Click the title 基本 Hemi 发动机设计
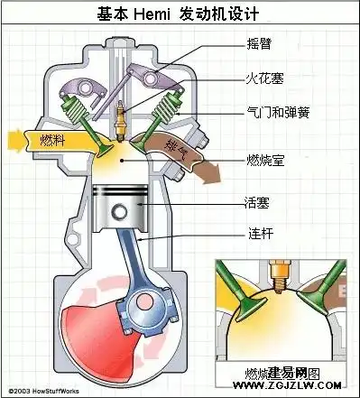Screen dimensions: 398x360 click(x=180, y=14)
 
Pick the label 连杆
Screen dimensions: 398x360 click(x=258, y=234)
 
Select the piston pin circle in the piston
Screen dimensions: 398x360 click(x=118, y=213)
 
